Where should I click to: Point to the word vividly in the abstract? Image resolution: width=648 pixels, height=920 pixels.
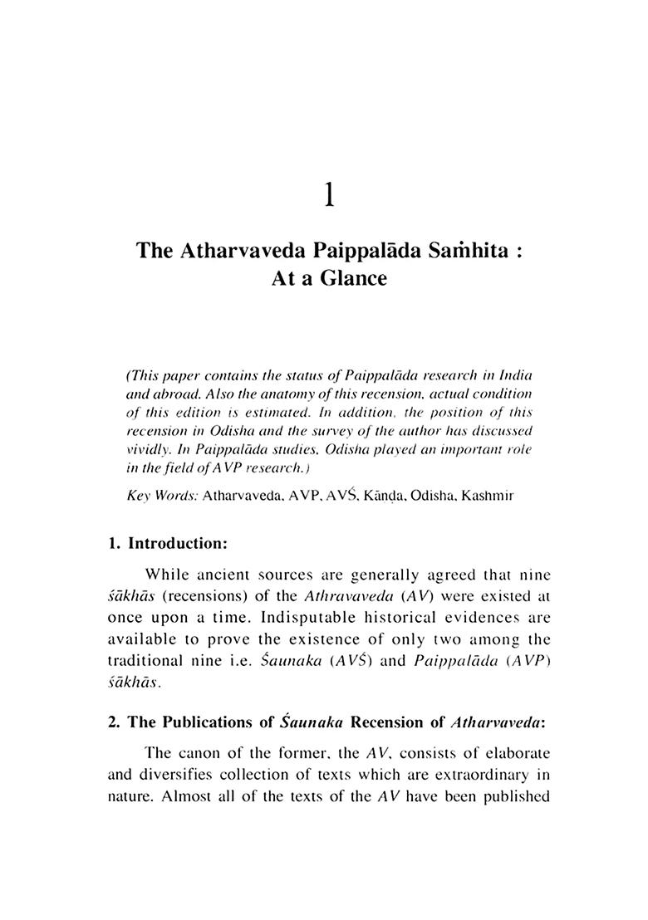[145, 448]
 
